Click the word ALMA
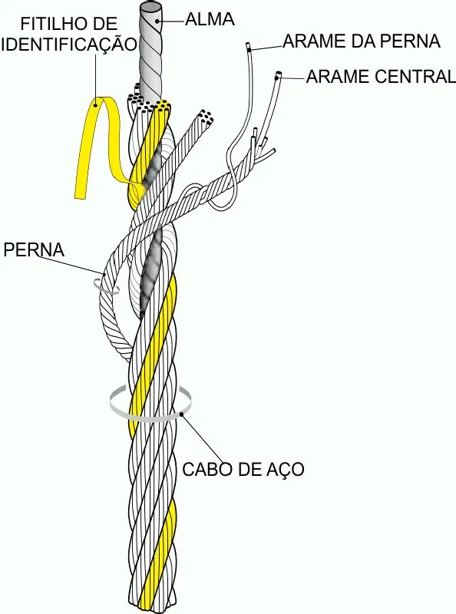pyautogui.click(x=210, y=20)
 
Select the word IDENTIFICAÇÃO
pyautogui.click(x=69, y=44)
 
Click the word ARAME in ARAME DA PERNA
pyautogui.click(x=312, y=41)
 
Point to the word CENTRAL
pyautogui.click(x=415, y=76)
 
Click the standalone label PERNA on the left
pyautogui.click(x=34, y=250)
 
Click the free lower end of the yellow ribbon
pyautogui.click(x=81, y=194)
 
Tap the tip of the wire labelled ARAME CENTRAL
pyautogui.click(x=278, y=74)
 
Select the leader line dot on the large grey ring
pyautogui.click(x=182, y=414)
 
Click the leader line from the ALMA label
pyautogui.click(x=172, y=19)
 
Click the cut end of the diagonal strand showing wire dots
pyautogui.click(x=206, y=117)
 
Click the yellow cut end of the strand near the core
pyautogui.click(x=163, y=105)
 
